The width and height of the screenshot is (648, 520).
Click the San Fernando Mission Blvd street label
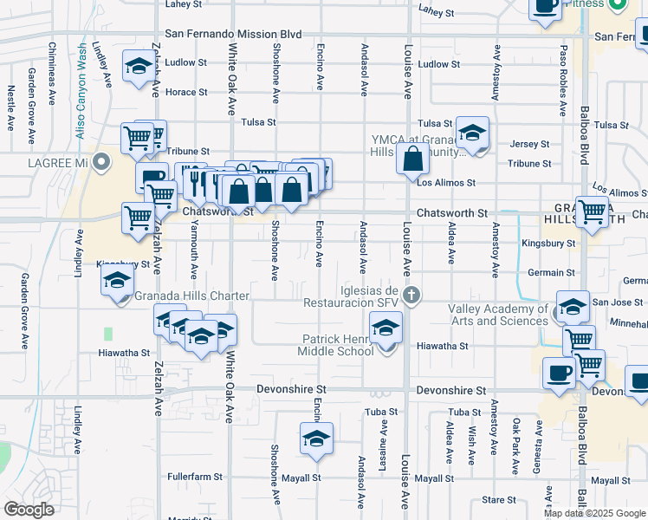pos(233,34)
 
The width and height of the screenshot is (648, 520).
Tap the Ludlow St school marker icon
pos(138,68)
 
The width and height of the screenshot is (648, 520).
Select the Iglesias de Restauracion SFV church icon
pos(411,296)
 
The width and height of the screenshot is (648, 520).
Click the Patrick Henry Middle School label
pos(337,345)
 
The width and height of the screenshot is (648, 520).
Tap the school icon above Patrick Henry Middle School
pos(386,328)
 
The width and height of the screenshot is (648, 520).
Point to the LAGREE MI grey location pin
pos(102,162)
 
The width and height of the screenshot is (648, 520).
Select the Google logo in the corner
pos(29,510)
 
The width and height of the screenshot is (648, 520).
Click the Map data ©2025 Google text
pos(594,513)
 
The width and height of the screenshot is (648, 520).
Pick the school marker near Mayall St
pos(317,439)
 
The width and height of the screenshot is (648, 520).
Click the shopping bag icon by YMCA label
pos(413,160)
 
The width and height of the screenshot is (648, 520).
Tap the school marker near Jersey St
pos(472,133)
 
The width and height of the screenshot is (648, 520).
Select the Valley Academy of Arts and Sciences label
pos(497,315)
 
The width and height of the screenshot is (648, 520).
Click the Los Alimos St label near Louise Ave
pos(446,183)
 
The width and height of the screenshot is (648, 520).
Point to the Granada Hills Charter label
pos(192,296)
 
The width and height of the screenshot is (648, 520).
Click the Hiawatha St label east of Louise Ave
pos(442,345)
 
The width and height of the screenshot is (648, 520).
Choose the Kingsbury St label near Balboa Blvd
pos(548,244)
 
